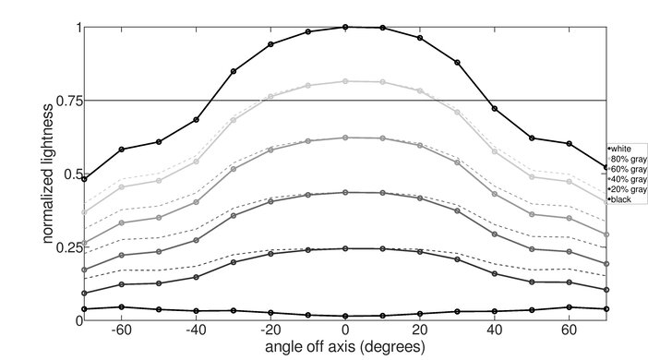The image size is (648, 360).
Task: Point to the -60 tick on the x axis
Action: point(121,330)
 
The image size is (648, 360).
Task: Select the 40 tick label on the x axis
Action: point(496,330)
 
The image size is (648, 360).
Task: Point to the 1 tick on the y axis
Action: point(78,28)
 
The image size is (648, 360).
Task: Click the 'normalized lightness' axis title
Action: point(46,174)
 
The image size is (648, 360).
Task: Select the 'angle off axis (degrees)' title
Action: point(345,347)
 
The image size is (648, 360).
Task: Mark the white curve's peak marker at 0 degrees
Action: point(345,27)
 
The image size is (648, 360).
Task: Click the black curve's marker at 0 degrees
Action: point(345,316)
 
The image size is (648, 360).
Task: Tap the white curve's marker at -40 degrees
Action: point(196,120)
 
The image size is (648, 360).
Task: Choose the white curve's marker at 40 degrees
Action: point(495,109)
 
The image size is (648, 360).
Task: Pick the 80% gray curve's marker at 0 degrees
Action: point(345,81)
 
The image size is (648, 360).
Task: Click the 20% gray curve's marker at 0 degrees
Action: point(345,248)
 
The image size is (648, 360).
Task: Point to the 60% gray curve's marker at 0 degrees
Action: point(345,138)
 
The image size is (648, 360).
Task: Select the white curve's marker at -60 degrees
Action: point(121,149)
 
